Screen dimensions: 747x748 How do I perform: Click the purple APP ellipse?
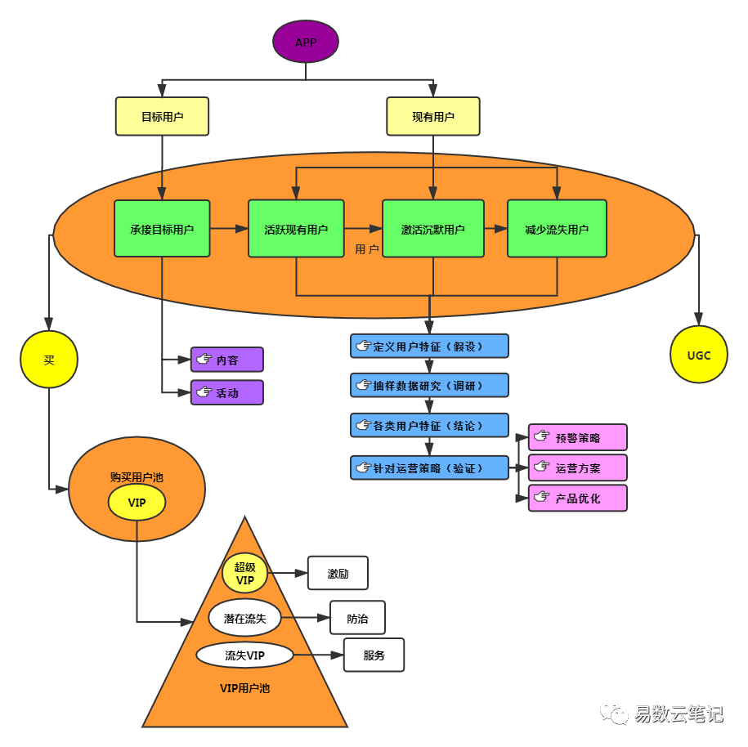tap(305, 42)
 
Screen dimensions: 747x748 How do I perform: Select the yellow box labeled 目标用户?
tap(162, 116)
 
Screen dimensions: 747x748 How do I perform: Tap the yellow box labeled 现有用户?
tap(432, 116)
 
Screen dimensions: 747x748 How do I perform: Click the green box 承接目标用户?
tap(162, 229)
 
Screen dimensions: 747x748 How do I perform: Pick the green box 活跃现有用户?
tap(296, 229)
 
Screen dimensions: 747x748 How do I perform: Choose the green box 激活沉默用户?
tap(432, 229)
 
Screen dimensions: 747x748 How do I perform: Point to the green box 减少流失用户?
tap(557, 229)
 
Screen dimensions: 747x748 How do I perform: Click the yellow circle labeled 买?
tap(49, 360)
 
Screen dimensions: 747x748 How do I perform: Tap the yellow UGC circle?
tap(698, 355)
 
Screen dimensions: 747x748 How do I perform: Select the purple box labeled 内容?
tap(227, 360)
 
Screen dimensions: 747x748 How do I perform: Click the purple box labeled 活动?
tap(227, 392)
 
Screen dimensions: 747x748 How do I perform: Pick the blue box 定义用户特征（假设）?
tap(429, 346)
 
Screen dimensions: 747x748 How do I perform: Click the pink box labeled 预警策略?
tap(577, 437)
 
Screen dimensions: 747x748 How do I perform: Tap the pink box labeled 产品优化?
tap(577, 498)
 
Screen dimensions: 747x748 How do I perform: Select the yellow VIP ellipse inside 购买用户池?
tap(137, 503)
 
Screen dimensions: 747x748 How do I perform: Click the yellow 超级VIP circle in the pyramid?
tap(244, 573)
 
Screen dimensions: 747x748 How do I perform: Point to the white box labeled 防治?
tap(357, 618)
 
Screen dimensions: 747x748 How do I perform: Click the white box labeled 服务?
tap(374, 655)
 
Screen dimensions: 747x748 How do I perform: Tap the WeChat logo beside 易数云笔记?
tap(615, 713)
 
